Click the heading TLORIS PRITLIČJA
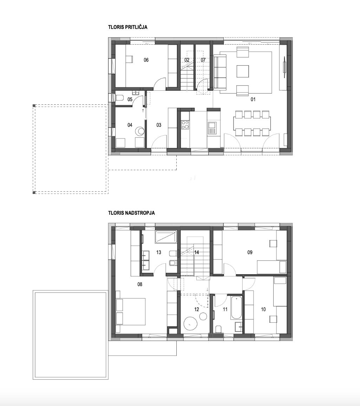[x=128, y=27]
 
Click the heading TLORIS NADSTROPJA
[x=131, y=213]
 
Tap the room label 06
[x=146, y=60]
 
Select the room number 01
[x=253, y=99]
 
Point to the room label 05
[x=130, y=99]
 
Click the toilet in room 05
[x=119, y=98]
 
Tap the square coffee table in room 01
[x=243, y=71]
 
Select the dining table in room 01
[x=252, y=123]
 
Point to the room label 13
[x=158, y=252]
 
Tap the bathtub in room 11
[x=236, y=308]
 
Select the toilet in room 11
[x=218, y=329]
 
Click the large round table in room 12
[x=191, y=323]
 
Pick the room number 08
[x=140, y=285]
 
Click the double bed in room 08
[x=131, y=311]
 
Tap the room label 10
[x=263, y=309]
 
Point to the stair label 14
[x=197, y=252]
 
